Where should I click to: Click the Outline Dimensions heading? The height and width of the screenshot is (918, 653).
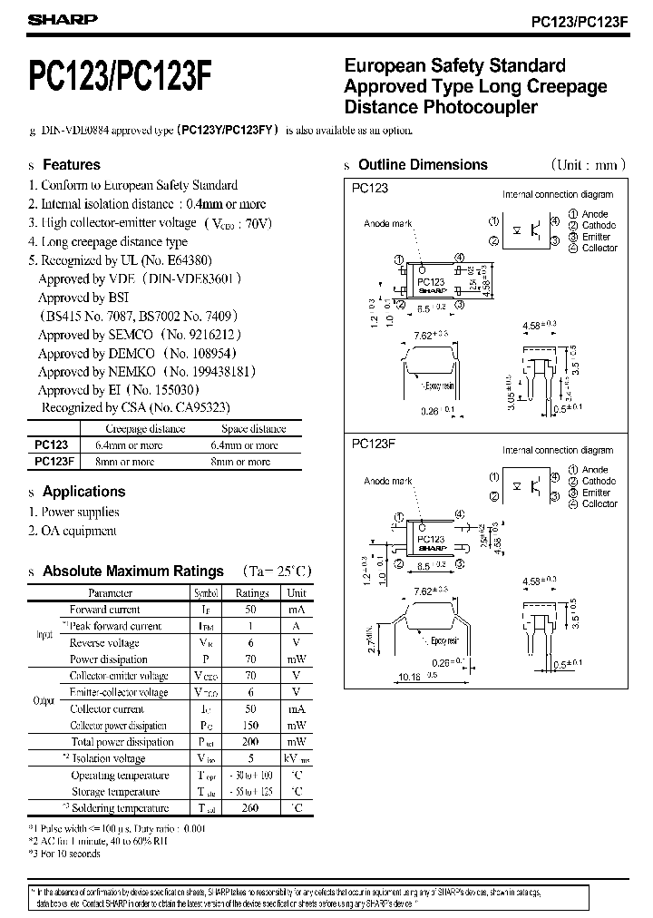tap(423, 165)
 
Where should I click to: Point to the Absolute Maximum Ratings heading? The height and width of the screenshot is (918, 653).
tap(132, 571)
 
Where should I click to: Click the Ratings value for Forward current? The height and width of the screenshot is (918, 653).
tap(251, 610)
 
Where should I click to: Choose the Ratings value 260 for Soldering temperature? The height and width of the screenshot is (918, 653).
tap(251, 807)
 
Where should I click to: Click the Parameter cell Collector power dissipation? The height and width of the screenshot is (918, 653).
tap(119, 726)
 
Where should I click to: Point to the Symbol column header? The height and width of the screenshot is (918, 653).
tap(201, 593)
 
